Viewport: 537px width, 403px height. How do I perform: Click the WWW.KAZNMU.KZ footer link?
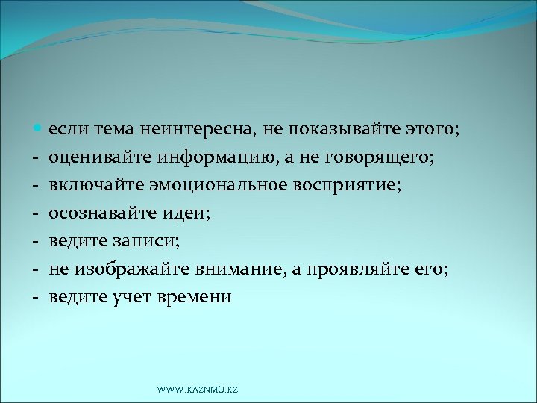pyautogui.click(x=198, y=390)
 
